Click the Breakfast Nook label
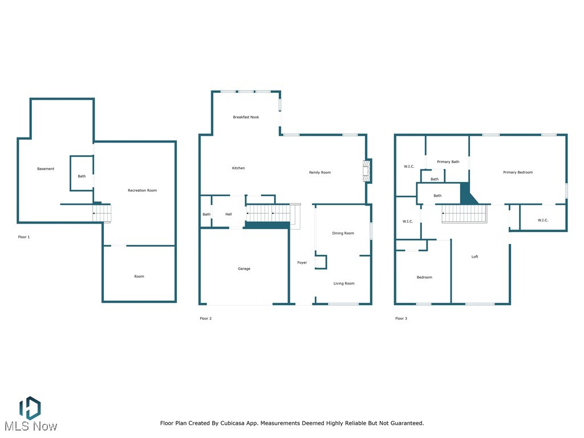coord(246,117)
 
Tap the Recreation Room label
coord(142,190)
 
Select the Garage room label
coord(244,269)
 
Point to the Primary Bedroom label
coord(518,172)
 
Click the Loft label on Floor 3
coord(474,257)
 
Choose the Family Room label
coord(320,172)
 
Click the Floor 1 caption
coord(24,237)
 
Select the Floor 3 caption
coord(401,318)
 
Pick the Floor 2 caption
coord(205,318)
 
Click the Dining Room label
coord(343,233)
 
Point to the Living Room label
coord(344,283)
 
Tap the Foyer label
coord(302,263)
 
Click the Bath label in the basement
coord(82,176)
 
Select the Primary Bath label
coord(448,162)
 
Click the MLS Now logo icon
coord(30,407)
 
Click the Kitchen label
coord(238,168)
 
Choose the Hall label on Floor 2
coord(229,214)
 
